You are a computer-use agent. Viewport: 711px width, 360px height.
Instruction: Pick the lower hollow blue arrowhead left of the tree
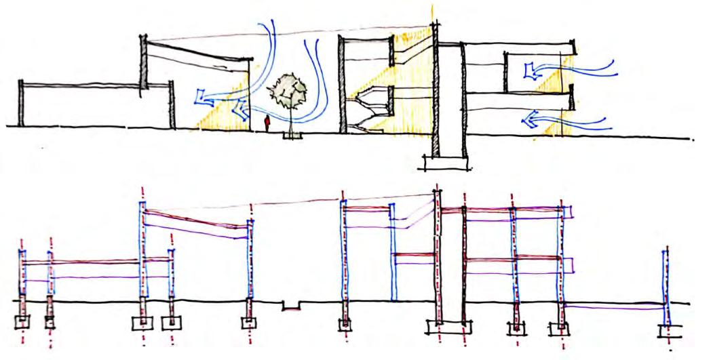[x=238, y=108]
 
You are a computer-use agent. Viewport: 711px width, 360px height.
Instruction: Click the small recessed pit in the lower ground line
[x=292, y=306]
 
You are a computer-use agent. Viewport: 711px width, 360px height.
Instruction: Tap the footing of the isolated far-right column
[x=668, y=332]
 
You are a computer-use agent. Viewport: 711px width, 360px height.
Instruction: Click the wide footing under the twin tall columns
[x=448, y=327]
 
